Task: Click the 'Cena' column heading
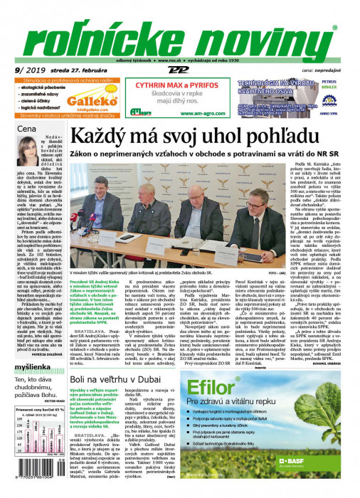pyautogui.click(x=26, y=130)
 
